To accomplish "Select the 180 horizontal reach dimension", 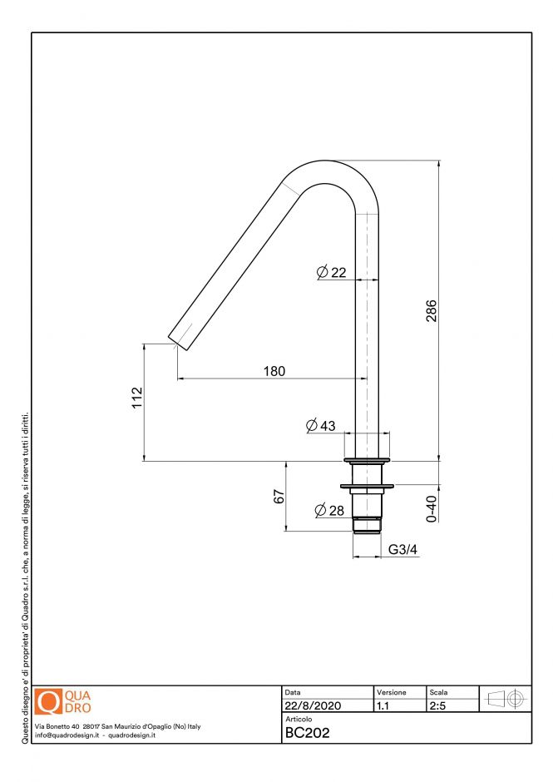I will [274, 371].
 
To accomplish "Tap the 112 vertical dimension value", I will [137, 398].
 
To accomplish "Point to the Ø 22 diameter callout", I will [332, 272].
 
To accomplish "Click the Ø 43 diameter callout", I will [321, 426].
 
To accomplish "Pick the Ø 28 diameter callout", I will [329, 510].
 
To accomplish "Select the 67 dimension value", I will [279, 497].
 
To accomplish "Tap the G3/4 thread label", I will [402, 550].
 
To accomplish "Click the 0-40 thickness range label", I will [430, 508].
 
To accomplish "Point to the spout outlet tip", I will [177, 343].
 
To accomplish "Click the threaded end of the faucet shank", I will [367, 525].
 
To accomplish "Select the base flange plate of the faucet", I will [367, 460].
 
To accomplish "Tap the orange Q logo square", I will [50, 702].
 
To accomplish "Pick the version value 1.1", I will [383, 706].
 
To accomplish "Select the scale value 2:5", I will [437, 706].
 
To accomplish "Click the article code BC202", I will [308, 733].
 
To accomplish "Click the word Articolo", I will [299, 719].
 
